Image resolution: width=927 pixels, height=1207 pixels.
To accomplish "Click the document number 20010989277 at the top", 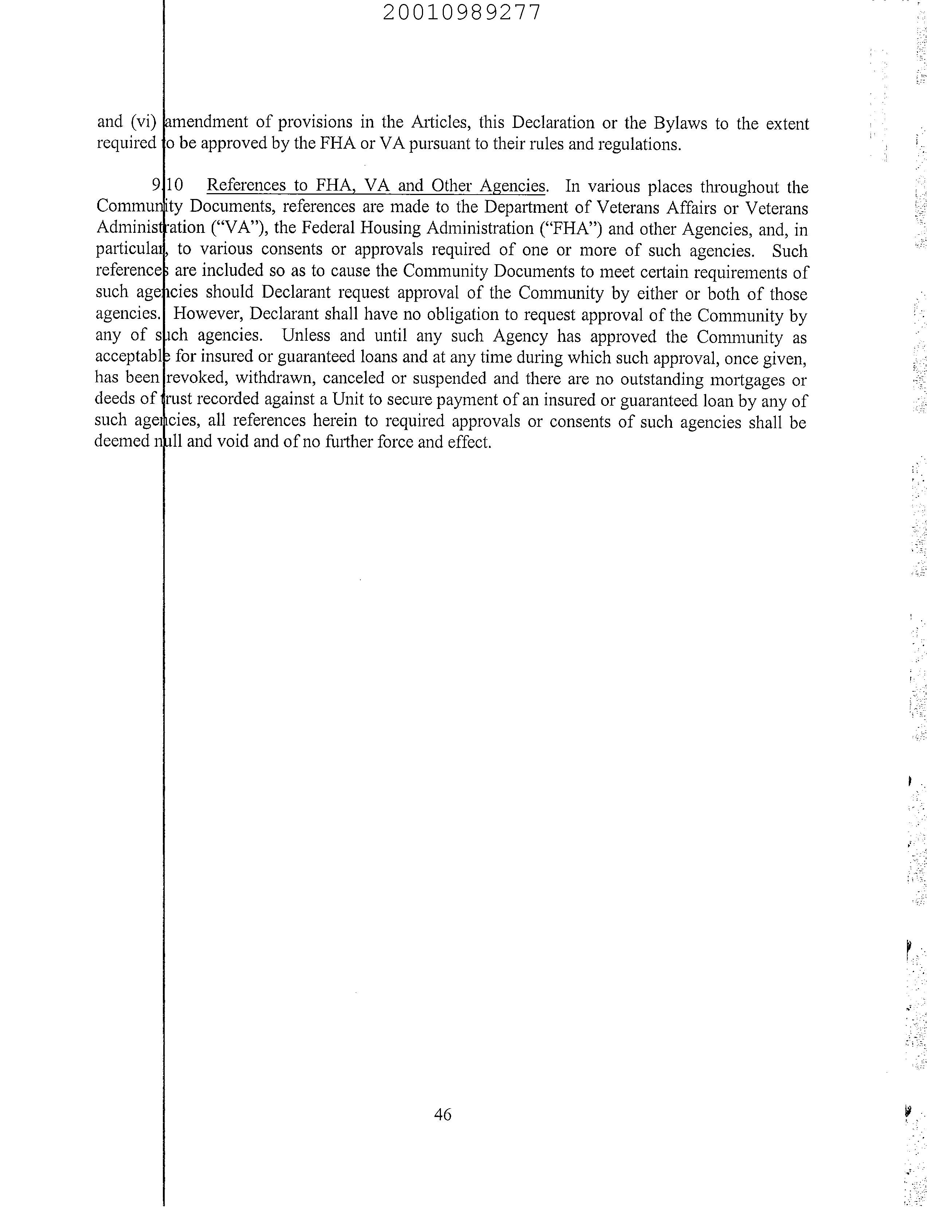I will coord(461,12).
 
